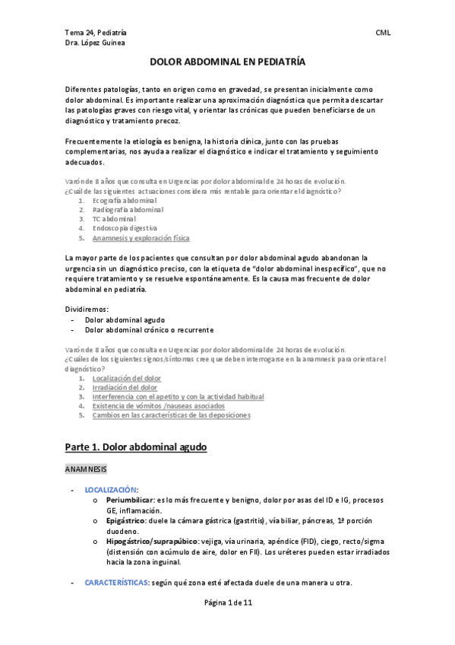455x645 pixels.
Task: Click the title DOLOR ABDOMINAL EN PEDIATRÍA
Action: (227, 65)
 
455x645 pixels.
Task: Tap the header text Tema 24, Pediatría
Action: (96, 33)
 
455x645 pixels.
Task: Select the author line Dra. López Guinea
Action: (96, 43)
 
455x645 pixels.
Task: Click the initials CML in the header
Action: (383, 33)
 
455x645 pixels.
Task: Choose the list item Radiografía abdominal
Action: (127, 209)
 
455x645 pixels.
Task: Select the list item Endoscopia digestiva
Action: (125, 228)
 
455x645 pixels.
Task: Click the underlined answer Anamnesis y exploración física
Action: (141, 238)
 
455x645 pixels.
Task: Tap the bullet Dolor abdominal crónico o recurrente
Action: (149, 329)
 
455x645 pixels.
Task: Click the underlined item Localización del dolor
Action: (127, 377)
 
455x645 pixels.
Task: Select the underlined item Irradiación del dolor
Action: (125, 387)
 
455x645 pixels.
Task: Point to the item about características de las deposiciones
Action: (171, 415)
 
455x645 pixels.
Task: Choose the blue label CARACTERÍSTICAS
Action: (118, 583)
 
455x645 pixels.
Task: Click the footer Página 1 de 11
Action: (227, 623)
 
